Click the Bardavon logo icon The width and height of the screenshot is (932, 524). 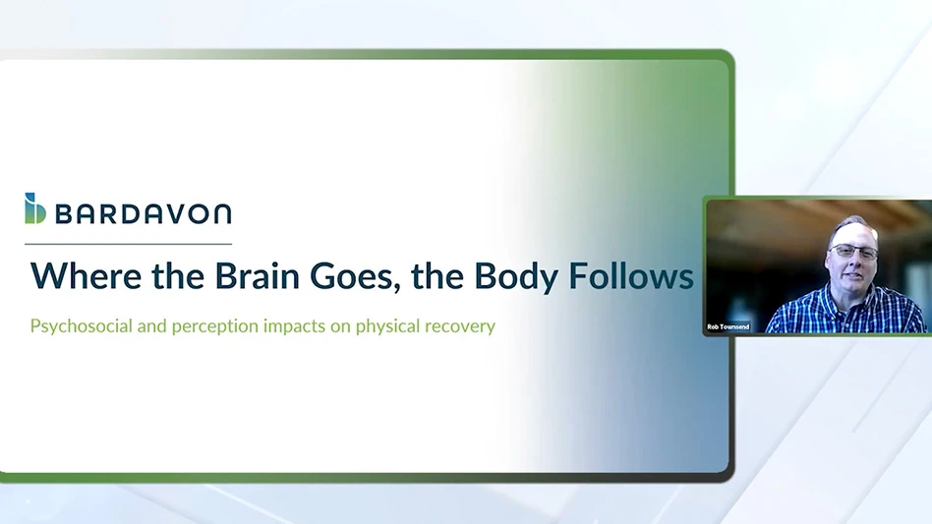(35, 208)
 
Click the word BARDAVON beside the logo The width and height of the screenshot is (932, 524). (144, 214)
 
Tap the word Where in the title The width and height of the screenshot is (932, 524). (87, 276)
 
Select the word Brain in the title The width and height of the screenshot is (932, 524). (257, 276)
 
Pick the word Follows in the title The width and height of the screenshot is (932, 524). (631, 276)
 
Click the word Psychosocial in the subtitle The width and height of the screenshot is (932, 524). (81, 326)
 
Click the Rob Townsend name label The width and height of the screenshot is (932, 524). (728, 326)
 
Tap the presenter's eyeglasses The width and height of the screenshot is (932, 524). (854, 252)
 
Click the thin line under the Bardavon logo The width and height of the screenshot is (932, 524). (129, 244)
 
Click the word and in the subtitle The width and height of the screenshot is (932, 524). (151, 326)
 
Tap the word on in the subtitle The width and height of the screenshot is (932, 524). (340, 328)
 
